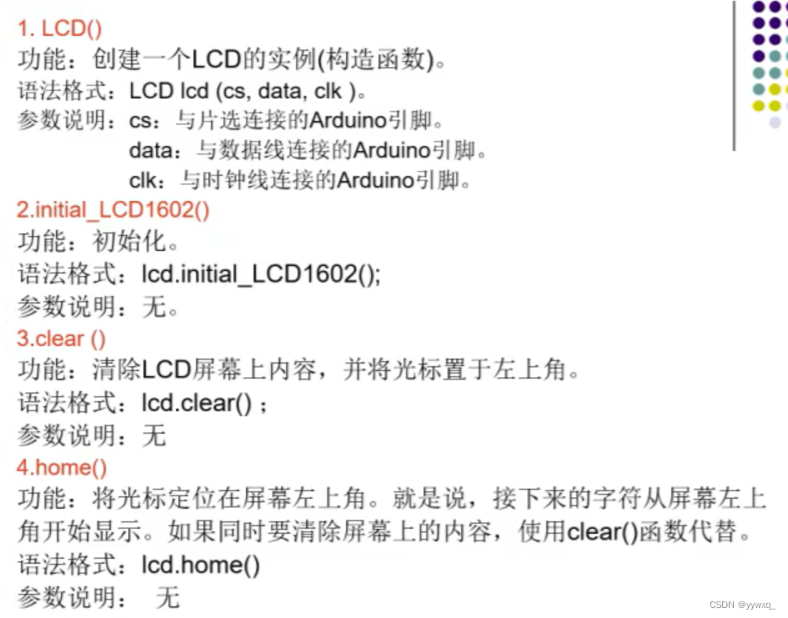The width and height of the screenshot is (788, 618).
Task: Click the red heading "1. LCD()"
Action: [60, 29]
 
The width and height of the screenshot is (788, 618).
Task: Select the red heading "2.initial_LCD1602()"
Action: [113, 210]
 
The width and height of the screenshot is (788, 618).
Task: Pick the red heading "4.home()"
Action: [62, 468]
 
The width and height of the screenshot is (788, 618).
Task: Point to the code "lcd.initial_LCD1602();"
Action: [261, 274]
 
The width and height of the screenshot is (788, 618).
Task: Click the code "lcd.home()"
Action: [200, 566]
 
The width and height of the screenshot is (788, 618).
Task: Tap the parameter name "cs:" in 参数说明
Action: [143, 121]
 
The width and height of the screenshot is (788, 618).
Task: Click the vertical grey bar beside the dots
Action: [735, 75]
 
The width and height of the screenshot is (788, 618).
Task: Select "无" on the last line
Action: [167, 598]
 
